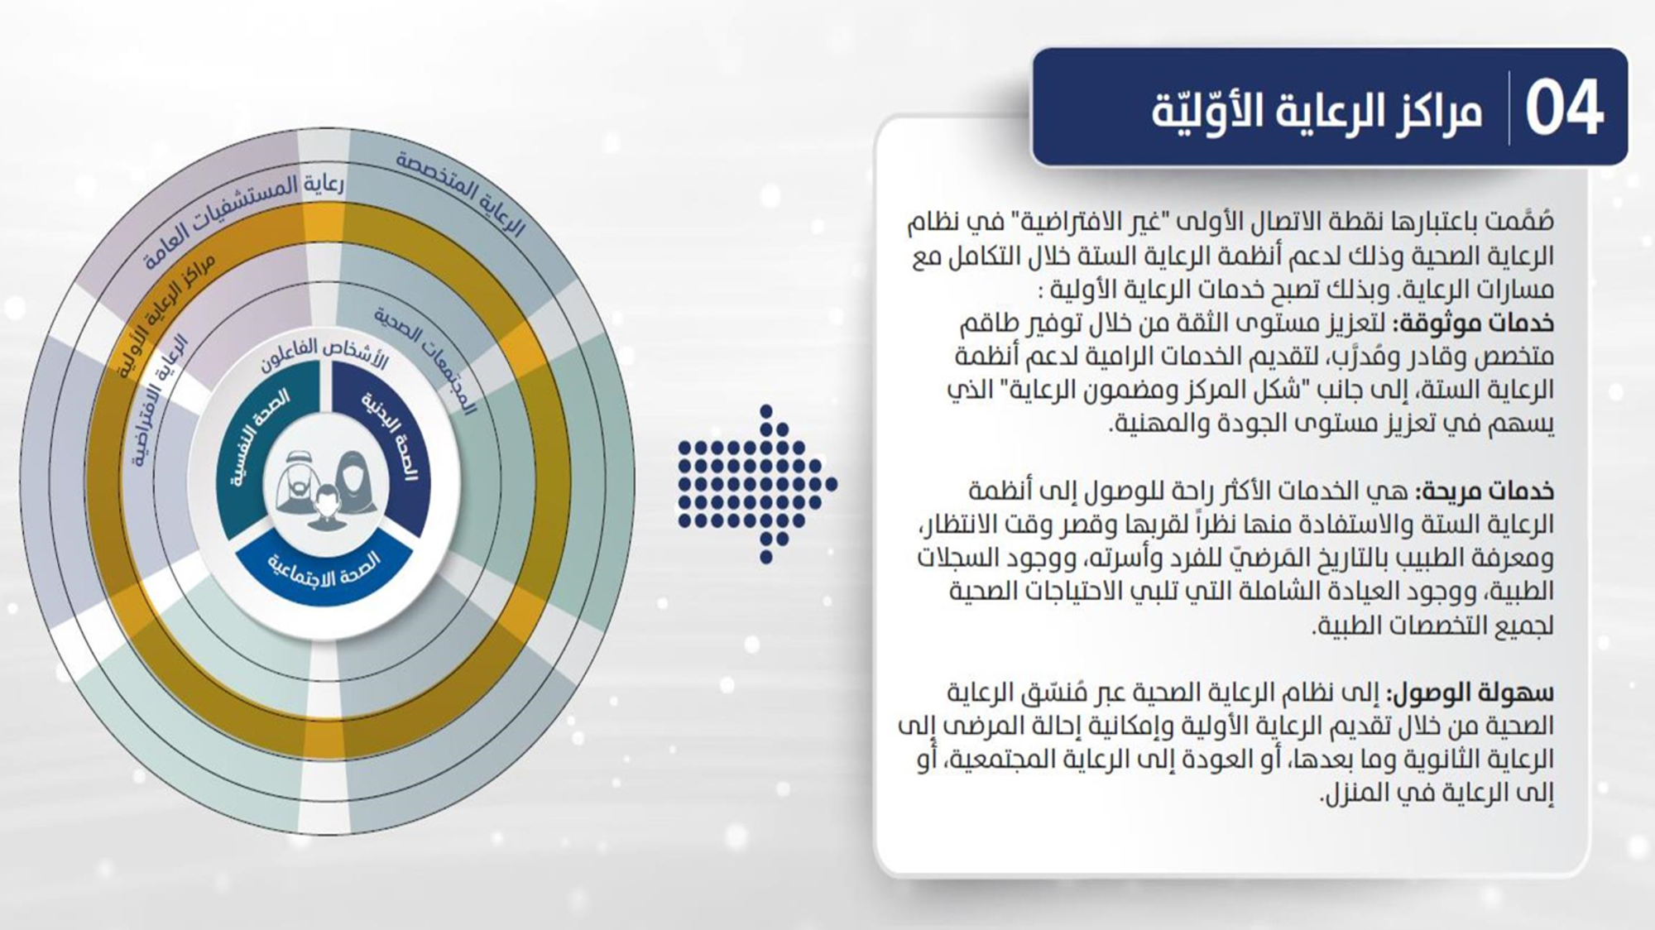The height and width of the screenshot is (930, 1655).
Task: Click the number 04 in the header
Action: [x=1564, y=108]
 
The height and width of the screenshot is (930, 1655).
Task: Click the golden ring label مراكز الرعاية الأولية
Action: [x=166, y=314]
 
